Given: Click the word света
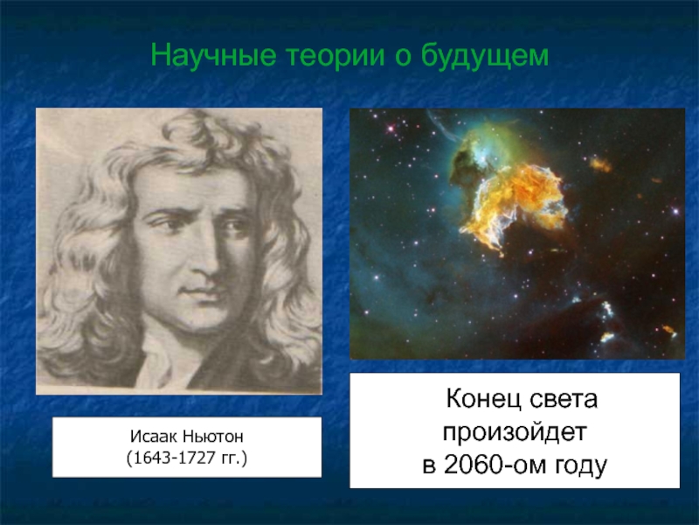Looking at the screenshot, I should (x=564, y=402).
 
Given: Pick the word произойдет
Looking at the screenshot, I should (x=516, y=433).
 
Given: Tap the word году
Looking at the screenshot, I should (x=580, y=465).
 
